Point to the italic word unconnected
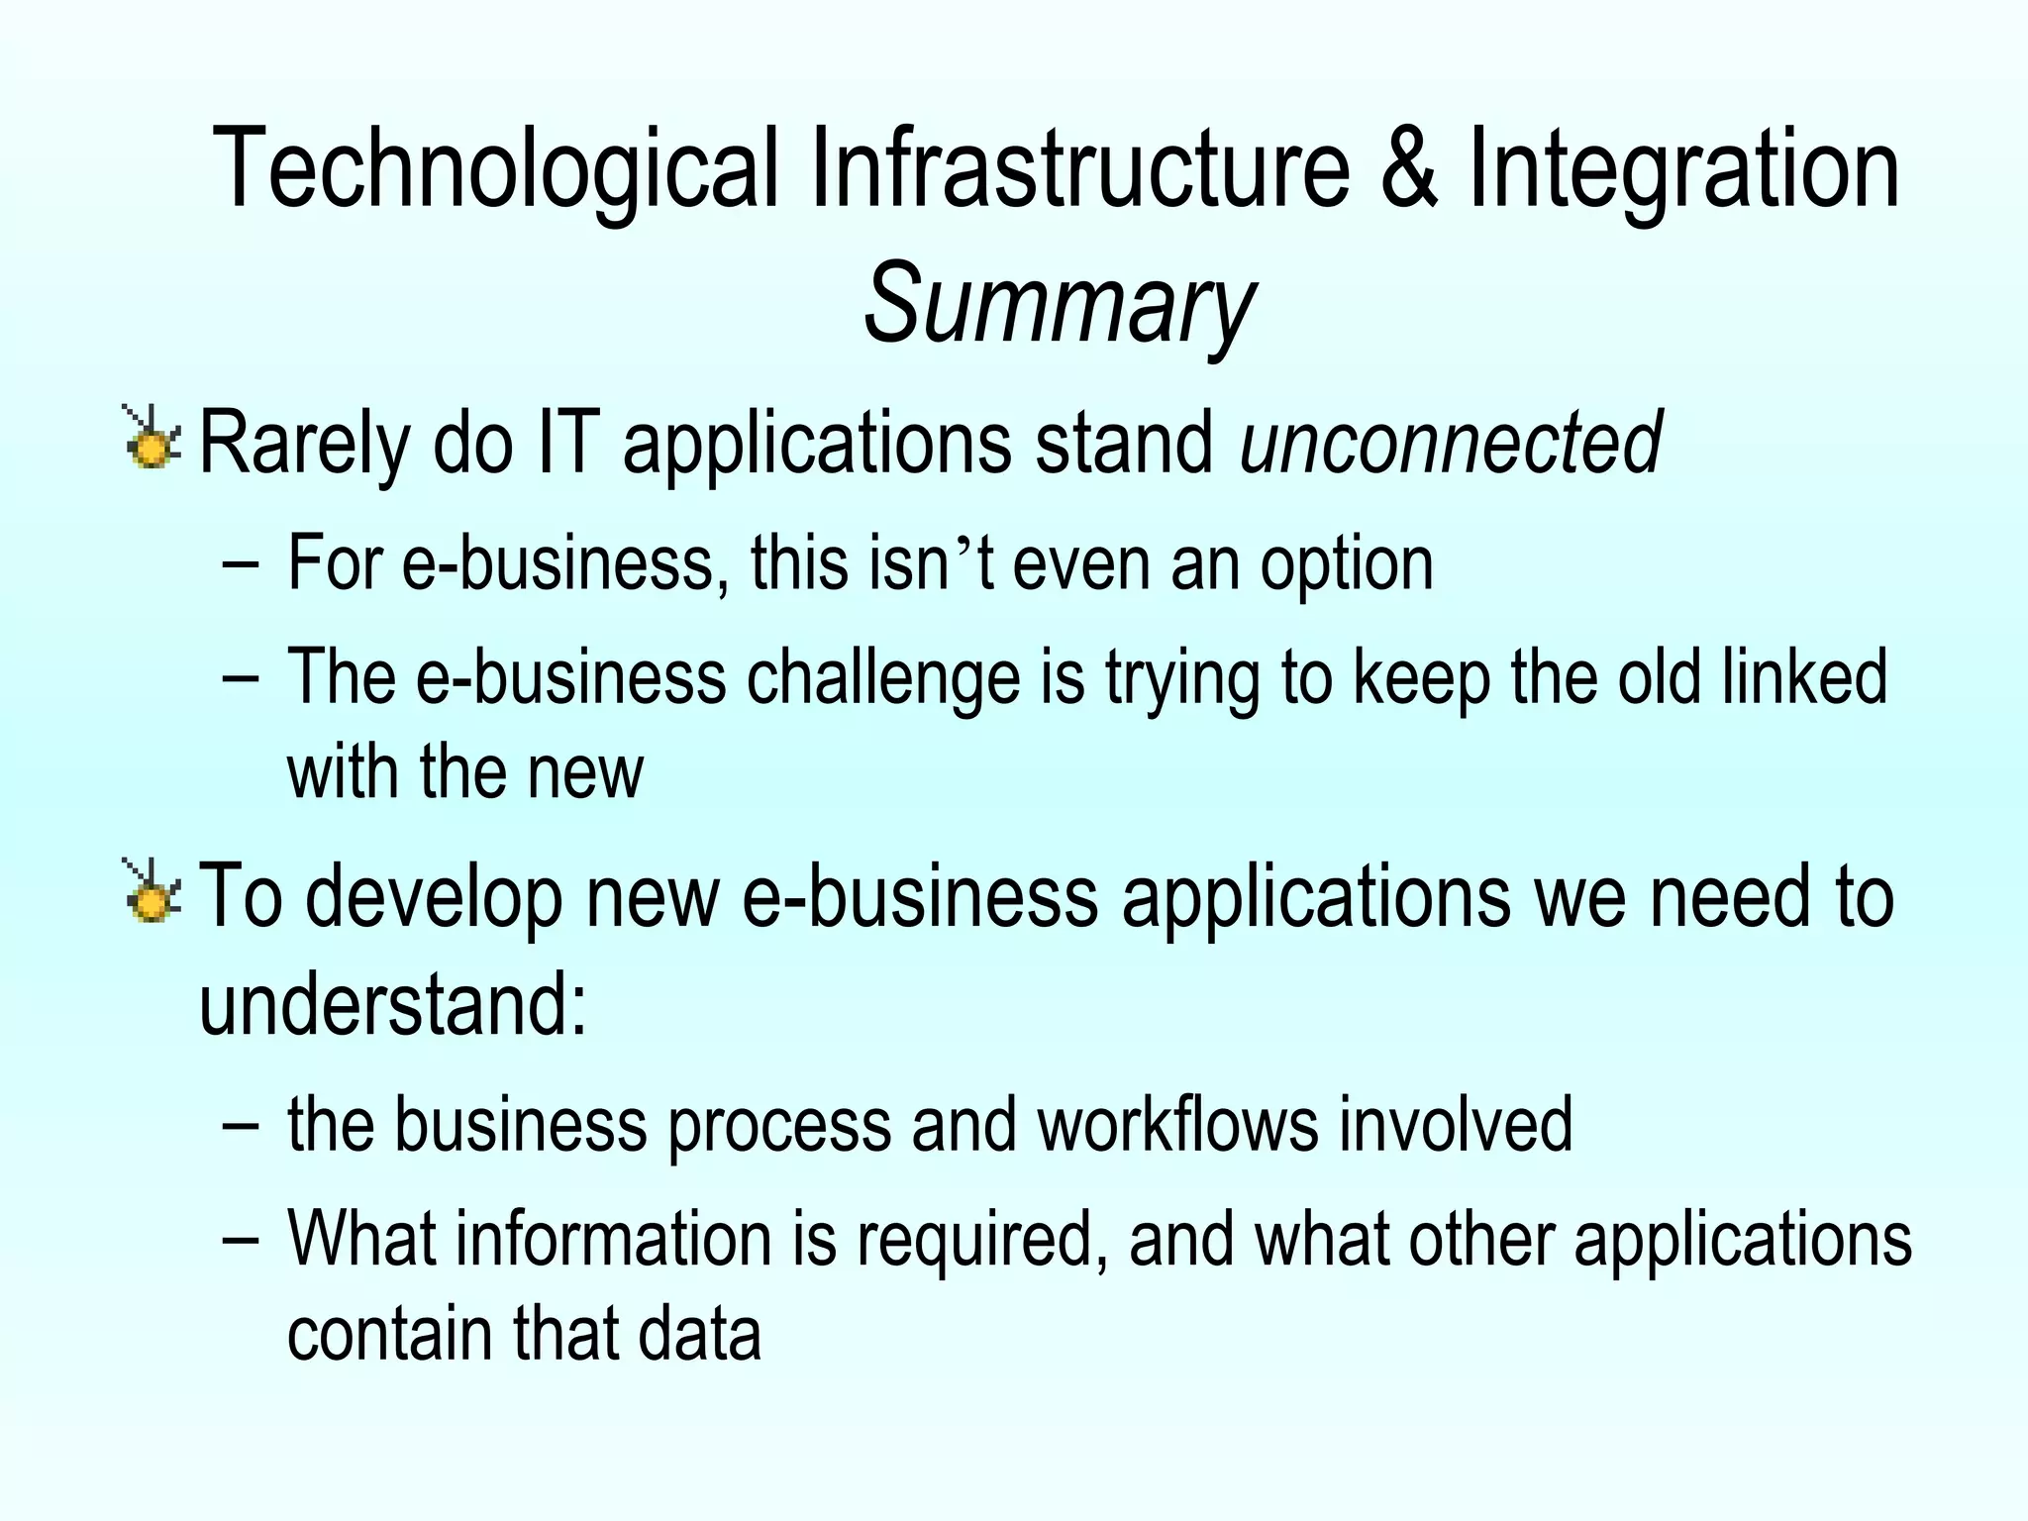(x=1451, y=443)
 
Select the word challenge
(x=882, y=678)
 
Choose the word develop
(x=432, y=896)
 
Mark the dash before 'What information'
(x=241, y=1240)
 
